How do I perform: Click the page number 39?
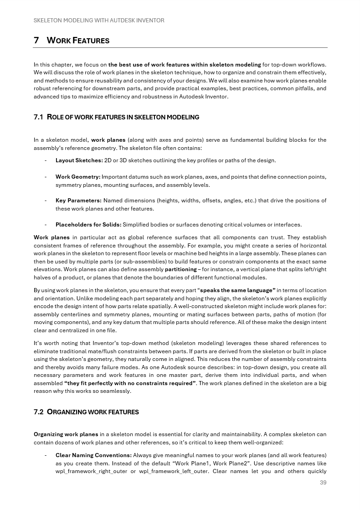pyautogui.click(x=323, y=483)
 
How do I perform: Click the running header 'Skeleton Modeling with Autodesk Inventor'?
pyautogui.click(x=99, y=21)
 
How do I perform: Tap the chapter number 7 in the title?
pyautogui.click(x=36, y=41)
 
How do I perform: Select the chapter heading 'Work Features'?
pyautogui.click(x=78, y=41)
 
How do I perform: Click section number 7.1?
pyautogui.click(x=38, y=117)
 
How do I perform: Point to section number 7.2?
pyautogui.click(x=38, y=412)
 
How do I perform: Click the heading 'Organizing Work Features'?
pyautogui.click(x=93, y=412)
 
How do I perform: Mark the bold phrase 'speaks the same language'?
pyautogui.click(x=237, y=290)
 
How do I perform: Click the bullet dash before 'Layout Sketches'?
pyautogui.click(x=46, y=160)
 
